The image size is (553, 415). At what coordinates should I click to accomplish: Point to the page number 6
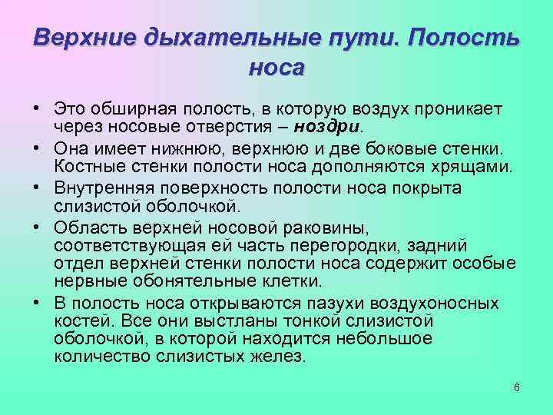(x=517, y=387)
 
